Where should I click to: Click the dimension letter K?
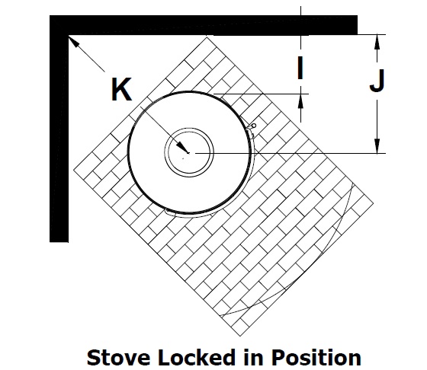tap(121, 89)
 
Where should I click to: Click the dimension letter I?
tap(300, 68)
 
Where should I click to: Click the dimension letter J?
tap(377, 80)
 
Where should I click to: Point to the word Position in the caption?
tap(316, 357)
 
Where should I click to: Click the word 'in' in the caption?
tap(253, 357)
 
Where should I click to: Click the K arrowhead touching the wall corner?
tap(73, 41)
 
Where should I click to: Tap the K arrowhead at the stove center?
tap(181, 147)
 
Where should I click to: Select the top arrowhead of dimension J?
tap(377, 41)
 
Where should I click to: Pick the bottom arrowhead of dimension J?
tap(377, 146)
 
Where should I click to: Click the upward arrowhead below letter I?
tap(300, 100)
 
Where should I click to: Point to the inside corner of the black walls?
tap(68, 35)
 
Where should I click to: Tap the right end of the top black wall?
tap(357, 25)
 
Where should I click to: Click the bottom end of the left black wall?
tap(59, 241)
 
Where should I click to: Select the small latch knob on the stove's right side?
tap(253, 126)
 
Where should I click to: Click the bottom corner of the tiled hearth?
tap(240, 337)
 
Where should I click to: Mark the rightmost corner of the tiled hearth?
tap(373, 203)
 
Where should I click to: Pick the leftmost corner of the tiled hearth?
tap(74, 171)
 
